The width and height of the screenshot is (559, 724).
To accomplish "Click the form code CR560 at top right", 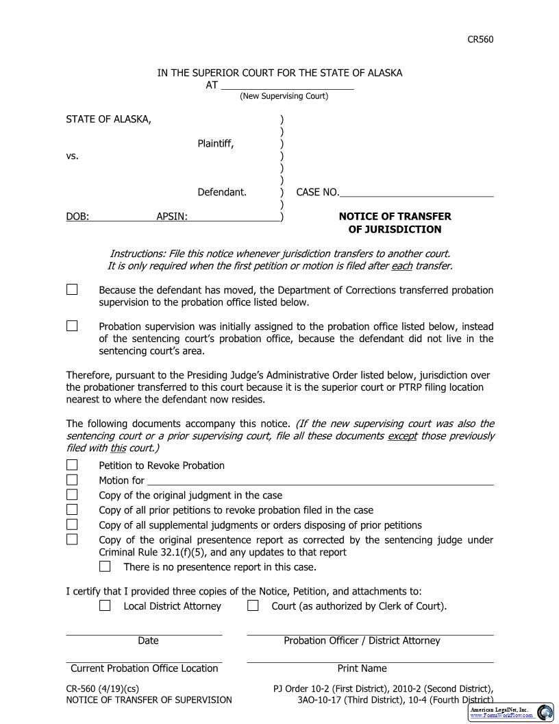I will (480, 39).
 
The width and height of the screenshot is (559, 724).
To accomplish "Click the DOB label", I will (77, 217).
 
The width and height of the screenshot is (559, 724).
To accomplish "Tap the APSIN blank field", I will (234, 217).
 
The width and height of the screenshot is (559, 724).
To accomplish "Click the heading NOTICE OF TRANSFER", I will (395, 217).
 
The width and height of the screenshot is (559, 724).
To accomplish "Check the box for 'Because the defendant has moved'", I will (72, 290).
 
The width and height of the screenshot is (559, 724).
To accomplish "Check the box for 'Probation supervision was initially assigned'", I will (72, 326).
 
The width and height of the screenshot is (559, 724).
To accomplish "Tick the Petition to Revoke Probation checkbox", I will (72, 466).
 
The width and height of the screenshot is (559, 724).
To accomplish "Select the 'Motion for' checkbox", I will (72, 480).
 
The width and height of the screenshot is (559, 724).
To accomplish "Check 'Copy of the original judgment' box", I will (72, 495).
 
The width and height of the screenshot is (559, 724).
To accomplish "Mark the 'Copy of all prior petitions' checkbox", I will (72, 510).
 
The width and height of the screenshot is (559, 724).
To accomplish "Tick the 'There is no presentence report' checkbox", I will (105, 567).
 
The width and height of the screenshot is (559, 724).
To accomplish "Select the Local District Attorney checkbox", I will (105, 606).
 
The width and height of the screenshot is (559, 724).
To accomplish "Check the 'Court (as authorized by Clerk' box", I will (253, 606).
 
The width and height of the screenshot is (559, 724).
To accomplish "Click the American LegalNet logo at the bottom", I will (510, 712).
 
